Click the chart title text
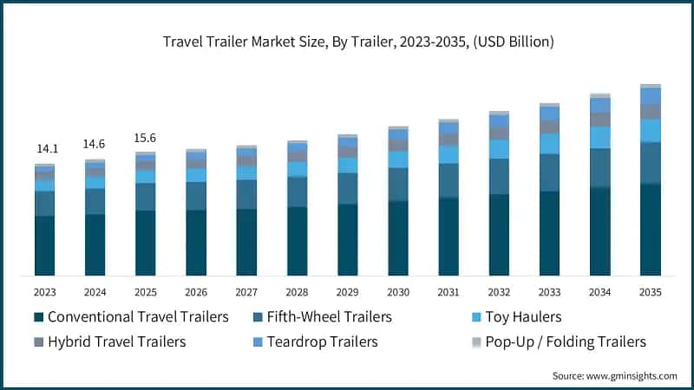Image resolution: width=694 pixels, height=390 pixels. (x=347, y=41)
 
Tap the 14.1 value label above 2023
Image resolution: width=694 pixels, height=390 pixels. (x=44, y=148)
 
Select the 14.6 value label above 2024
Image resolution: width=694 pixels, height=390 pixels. (x=95, y=144)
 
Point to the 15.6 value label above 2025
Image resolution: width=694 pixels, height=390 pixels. (x=145, y=138)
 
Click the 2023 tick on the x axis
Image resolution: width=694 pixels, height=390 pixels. (x=44, y=292)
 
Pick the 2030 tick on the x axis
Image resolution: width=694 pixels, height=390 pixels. (x=398, y=292)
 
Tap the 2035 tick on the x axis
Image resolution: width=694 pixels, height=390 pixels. (x=651, y=292)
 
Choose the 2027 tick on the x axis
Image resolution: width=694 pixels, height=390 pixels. (x=246, y=292)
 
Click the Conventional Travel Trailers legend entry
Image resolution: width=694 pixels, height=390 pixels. (x=131, y=317)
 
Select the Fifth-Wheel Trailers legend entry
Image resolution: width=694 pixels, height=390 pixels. (x=320, y=317)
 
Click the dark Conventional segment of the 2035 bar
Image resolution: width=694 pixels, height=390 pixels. (x=651, y=230)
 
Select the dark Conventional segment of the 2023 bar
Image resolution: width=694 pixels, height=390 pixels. (x=44, y=245)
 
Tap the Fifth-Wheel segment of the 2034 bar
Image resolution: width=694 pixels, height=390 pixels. (x=600, y=167)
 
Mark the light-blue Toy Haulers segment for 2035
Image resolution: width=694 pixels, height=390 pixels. (x=651, y=130)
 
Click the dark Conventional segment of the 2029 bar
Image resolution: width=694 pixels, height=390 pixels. (x=348, y=239)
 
